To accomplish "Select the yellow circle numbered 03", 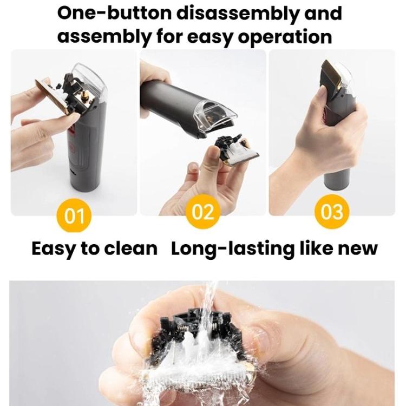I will coord(332,212).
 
